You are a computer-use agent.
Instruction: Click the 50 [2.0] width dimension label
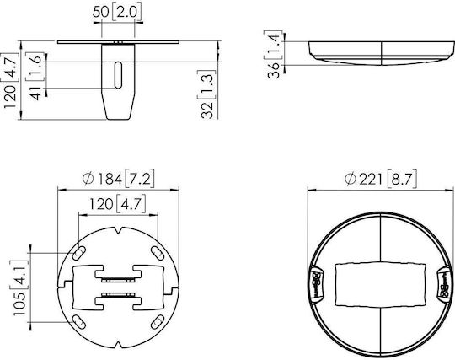pos(117,13)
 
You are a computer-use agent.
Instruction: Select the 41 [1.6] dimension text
pos(37,76)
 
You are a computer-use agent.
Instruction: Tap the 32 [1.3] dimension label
pos(208,94)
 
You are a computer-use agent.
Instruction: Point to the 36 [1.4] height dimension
pos(273,54)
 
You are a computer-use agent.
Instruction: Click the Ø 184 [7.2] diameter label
pos(118,179)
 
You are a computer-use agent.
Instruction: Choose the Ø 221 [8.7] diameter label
pos(381,179)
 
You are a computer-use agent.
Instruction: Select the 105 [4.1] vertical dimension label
pos(20,287)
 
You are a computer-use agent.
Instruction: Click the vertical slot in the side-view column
pos(118,75)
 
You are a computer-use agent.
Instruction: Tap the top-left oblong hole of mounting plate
pos(78,253)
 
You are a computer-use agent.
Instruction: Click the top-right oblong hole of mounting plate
pos(158,253)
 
